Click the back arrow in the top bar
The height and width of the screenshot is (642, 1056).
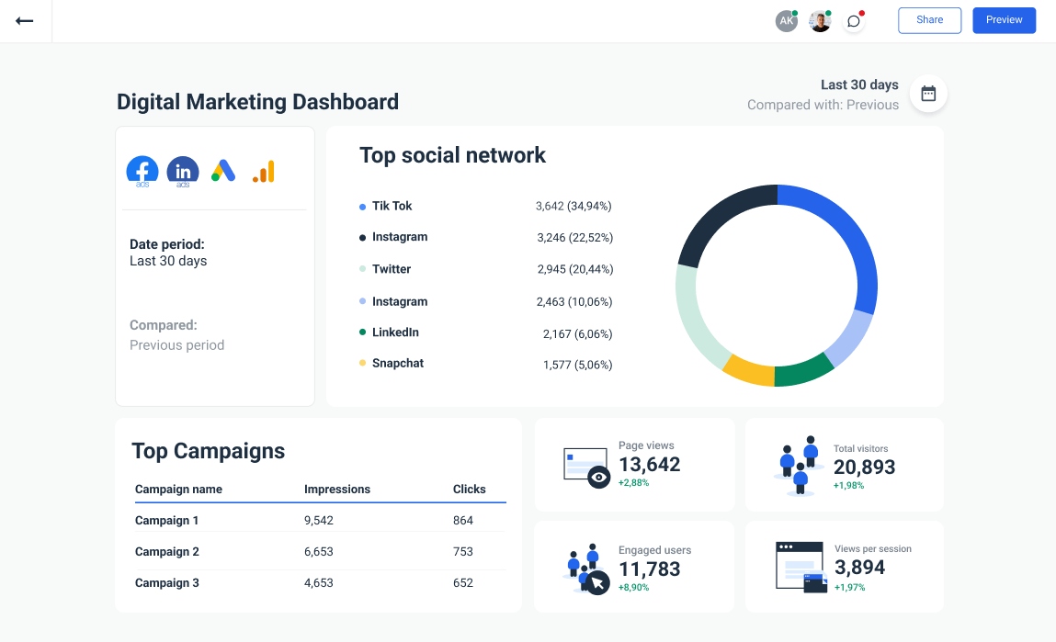click(x=25, y=20)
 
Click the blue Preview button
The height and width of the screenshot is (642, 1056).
click(x=1004, y=20)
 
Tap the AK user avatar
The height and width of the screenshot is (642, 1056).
click(x=786, y=21)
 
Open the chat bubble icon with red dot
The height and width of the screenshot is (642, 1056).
click(x=854, y=21)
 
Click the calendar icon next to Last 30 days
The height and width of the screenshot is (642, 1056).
click(x=928, y=94)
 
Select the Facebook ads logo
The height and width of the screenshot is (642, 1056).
click(x=142, y=171)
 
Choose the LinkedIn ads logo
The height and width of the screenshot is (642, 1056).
click(x=183, y=171)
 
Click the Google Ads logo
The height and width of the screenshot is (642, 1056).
click(x=223, y=171)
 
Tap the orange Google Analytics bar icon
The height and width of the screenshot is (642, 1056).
click(x=263, y=171)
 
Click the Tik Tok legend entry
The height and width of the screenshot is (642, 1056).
click(x=392, y=207)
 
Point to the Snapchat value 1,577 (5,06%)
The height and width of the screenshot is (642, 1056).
click(x=577, y=365)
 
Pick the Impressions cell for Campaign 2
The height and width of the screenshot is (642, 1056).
click(x=319, y=552)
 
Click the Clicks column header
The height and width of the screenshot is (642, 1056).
click(x=469, y=490)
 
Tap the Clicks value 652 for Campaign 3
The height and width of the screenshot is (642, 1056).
click(x=463, y=583)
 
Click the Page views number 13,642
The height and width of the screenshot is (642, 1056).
click(x=649, y=465)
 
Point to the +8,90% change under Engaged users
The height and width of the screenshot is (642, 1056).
click(x=633, y=587)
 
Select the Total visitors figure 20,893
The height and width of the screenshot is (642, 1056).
click(x=864, y=467)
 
